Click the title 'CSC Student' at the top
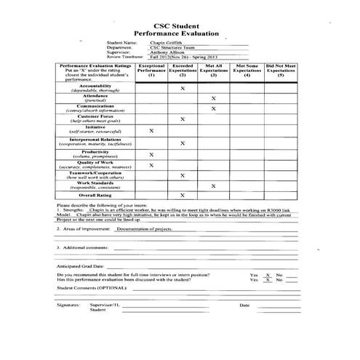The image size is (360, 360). pyautogui.click(x=179, y=25)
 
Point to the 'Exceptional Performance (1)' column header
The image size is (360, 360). pyautogui.click(x=151, y=70)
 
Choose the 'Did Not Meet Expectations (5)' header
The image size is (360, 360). pyautogui.click(x=280, y=70)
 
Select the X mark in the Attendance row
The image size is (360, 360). pyautogui.click(x=213, y=98)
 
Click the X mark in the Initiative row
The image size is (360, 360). pyautogui.click(x=151, y=132)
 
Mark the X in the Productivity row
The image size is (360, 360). pyautogui.click(x=151, y=155)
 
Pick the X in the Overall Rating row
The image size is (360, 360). pyautogui.click(x=182, y=196)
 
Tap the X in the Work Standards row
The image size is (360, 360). pyautogui.click(x=213, y=185)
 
